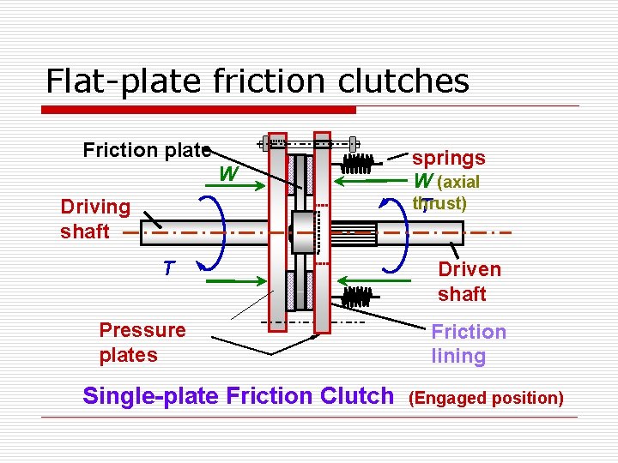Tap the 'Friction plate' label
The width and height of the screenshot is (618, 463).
[146, 151]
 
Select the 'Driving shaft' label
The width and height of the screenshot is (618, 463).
[94, 219]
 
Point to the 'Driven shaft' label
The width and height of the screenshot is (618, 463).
[469, 281]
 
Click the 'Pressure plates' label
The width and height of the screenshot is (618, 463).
[142, 342]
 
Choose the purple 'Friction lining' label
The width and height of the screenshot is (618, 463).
[468, 344]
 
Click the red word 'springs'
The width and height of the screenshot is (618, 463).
[448, 158]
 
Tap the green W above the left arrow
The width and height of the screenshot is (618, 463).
[227, 175]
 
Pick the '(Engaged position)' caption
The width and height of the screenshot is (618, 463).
[486, 398]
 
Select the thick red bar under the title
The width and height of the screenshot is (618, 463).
[199, 110]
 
